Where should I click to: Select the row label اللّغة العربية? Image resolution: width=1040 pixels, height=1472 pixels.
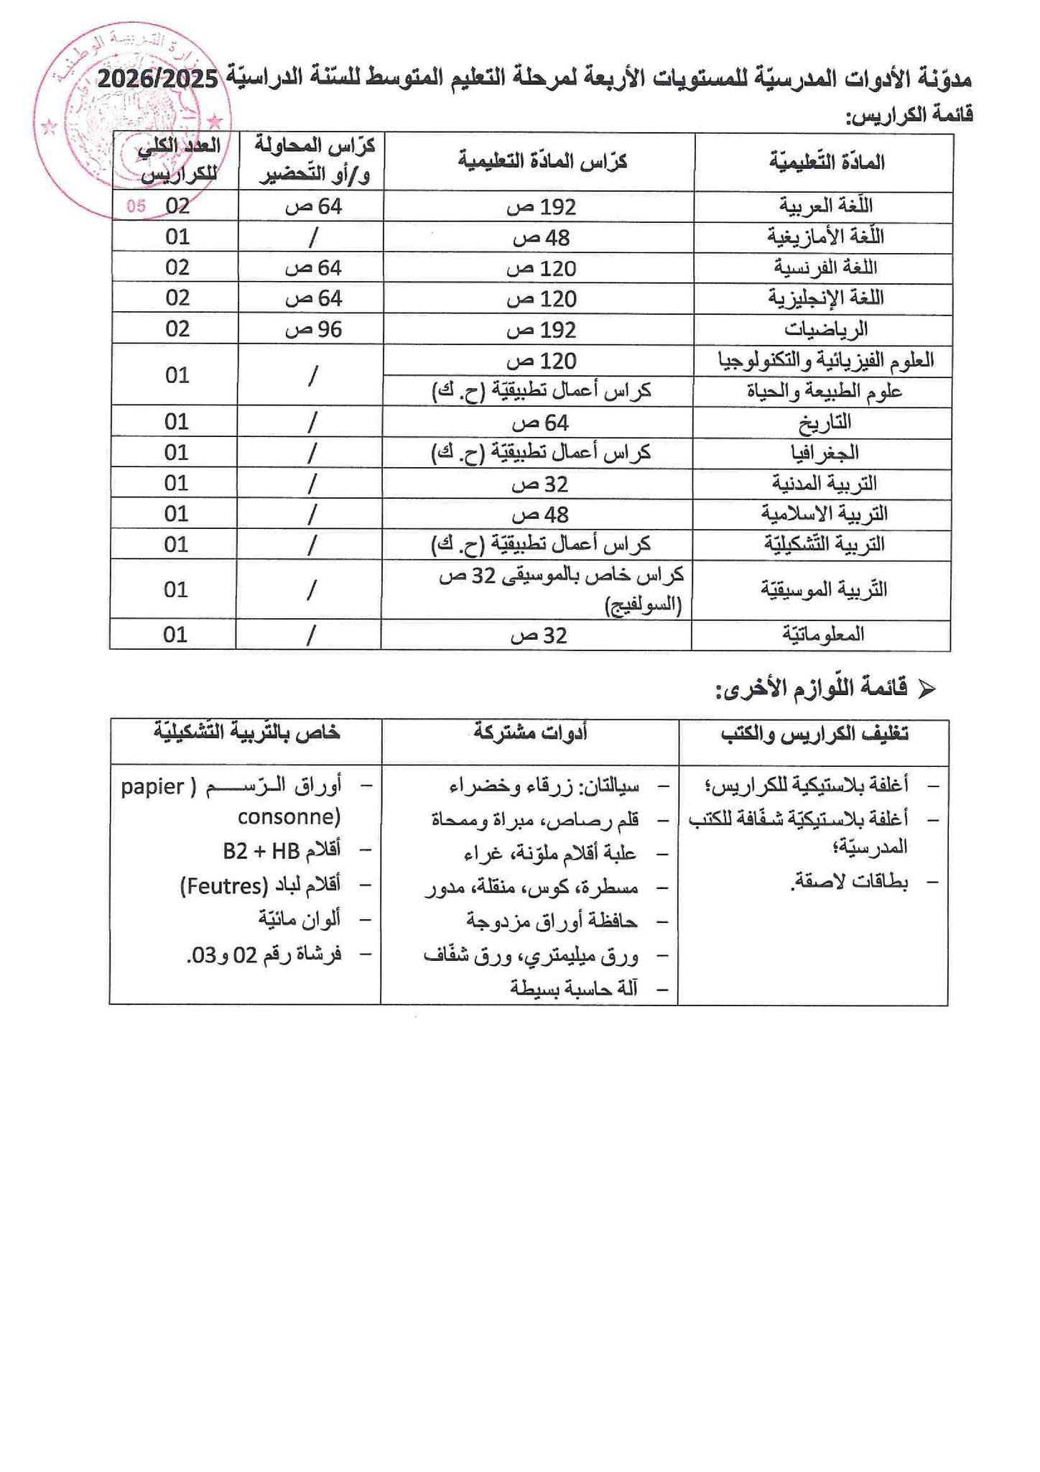coord(826,206)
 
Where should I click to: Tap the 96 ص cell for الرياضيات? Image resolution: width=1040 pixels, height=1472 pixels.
coord(314,330)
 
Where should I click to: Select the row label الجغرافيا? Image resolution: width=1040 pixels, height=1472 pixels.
coord(823,454)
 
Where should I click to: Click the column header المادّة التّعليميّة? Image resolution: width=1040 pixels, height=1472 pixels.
coord(826,162)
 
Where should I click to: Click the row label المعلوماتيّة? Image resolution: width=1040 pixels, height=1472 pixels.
coord(823,635)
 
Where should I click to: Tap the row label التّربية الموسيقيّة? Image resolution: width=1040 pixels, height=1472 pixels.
coord(823,590)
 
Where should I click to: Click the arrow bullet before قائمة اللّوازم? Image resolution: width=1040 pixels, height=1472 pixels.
coord(927,690)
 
